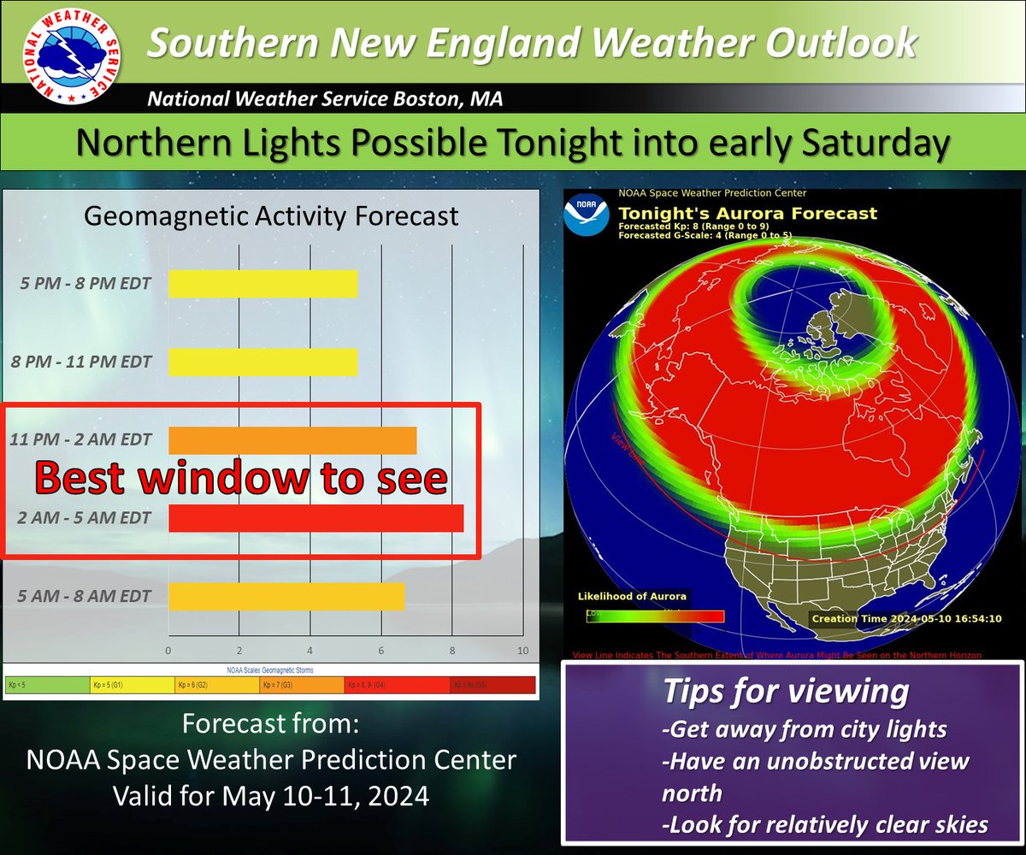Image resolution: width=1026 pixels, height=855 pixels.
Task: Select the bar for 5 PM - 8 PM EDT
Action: tap(262, 284)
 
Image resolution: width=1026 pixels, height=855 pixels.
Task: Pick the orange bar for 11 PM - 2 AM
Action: tap(292, 440)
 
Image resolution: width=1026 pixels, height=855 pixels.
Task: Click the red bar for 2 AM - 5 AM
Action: tap(316, 518)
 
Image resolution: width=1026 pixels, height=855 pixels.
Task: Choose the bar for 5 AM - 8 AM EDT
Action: tap(286, 596)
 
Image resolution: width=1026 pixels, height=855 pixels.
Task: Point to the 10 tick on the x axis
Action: tap(522, 650)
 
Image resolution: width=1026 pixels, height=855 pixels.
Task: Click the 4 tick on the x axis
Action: tap(310, 650)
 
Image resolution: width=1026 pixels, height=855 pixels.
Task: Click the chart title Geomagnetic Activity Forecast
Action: tap(271, 216)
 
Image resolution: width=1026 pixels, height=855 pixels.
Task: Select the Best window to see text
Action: tap(241, 479)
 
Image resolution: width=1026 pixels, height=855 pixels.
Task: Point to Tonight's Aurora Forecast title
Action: tap(747, 213)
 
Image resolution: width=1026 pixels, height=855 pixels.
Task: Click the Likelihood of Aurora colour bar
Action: tap(655, 615)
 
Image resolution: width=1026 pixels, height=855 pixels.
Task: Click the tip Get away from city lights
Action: tap(804, 729)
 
